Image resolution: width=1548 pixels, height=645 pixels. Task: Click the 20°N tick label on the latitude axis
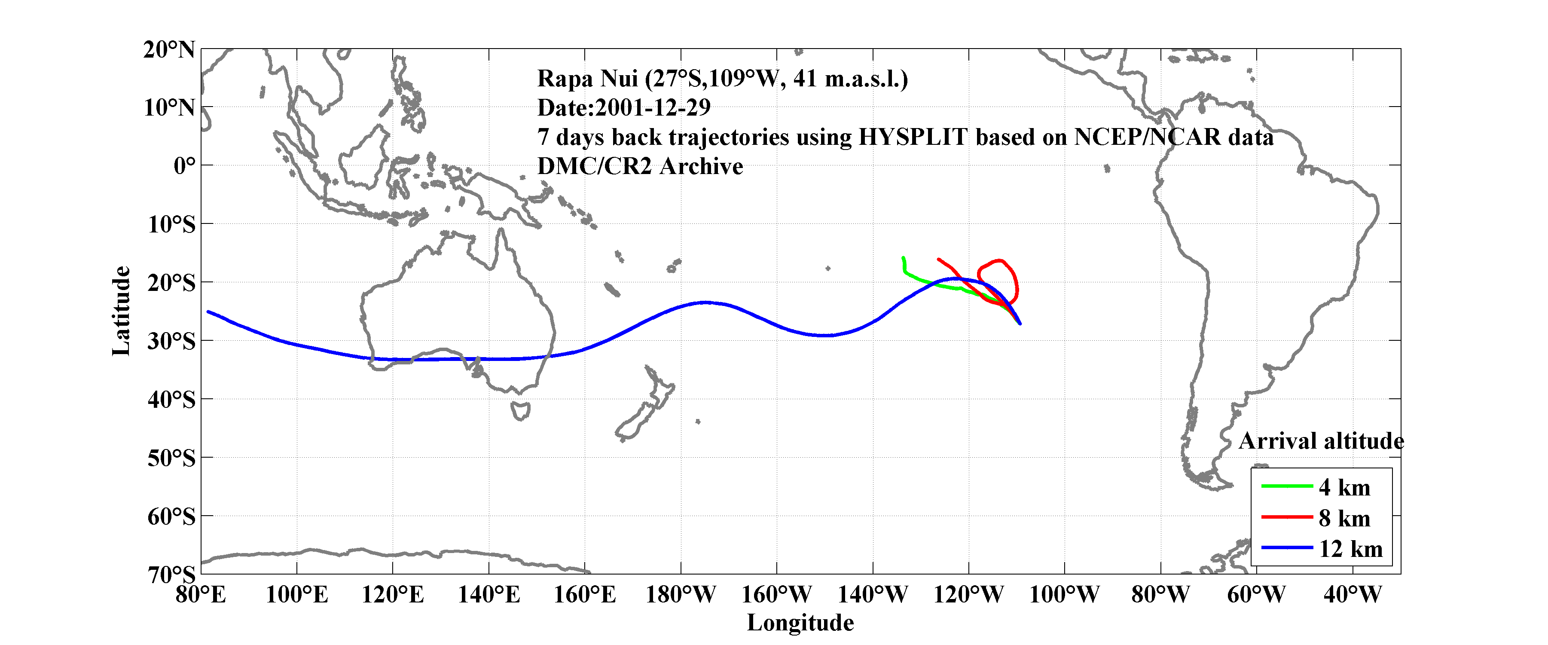169,50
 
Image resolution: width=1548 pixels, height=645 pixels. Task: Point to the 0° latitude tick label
184,166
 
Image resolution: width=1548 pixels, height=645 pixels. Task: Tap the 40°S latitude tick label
171,400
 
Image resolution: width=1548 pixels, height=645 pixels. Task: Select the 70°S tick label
171,575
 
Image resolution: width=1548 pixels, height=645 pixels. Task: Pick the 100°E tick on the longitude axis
297,595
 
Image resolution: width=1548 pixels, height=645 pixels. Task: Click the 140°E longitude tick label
489,595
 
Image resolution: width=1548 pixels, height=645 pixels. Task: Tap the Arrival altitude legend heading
1321,441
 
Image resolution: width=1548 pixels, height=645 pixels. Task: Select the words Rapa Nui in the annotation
587,79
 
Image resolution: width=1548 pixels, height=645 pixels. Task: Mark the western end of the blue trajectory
208,312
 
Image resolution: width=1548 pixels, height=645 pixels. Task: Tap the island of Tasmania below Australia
520,410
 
